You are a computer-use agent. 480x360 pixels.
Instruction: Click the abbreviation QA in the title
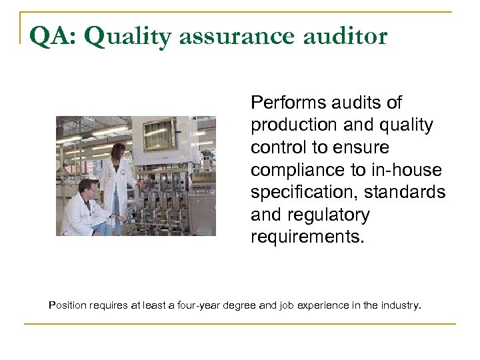42,37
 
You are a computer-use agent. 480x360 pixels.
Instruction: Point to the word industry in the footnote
400,307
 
